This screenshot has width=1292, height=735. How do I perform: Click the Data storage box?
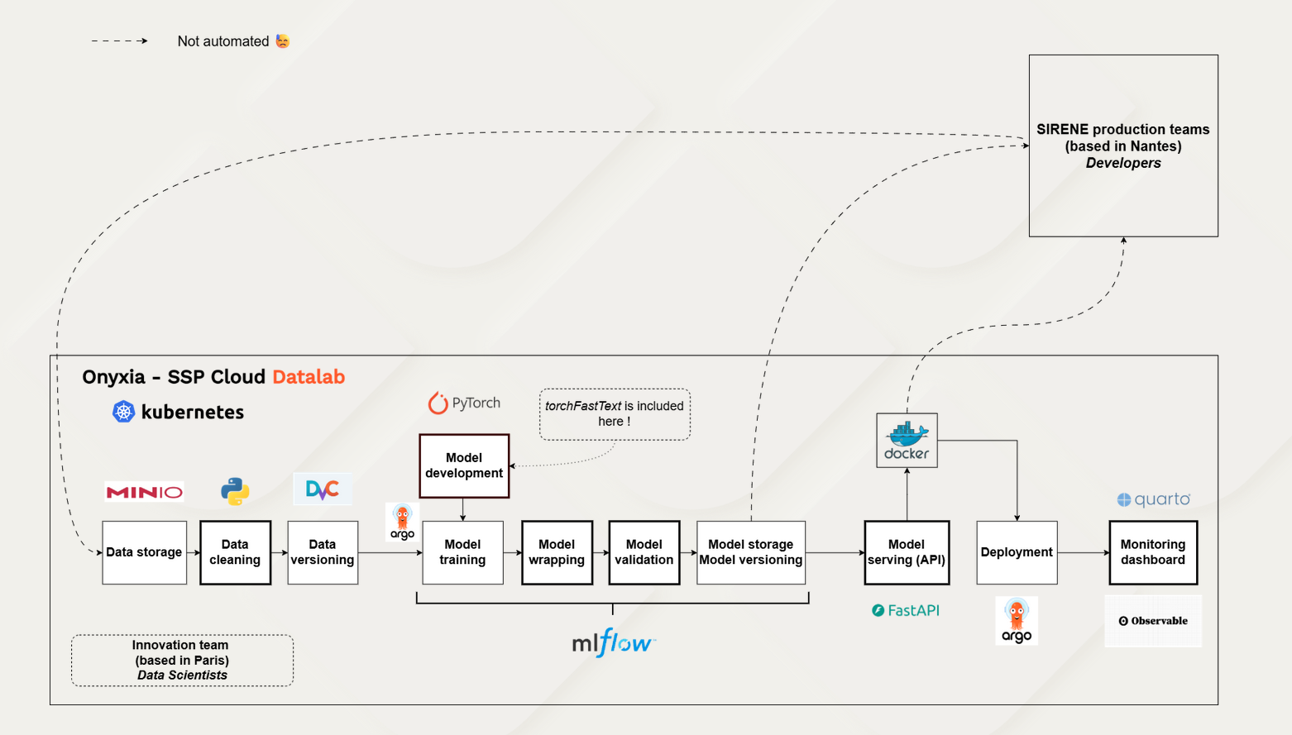click(x=144, y=552)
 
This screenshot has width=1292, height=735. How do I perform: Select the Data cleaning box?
click(x=235, y=552)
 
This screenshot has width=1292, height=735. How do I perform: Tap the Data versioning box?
click(x=323, y=552)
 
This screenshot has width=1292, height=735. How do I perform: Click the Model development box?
click(x=464, y=465)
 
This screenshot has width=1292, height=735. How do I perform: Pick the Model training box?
click(x=462, y=552)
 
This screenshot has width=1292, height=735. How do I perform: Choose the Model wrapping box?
click(x=557, y=552)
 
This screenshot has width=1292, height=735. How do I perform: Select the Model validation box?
click(x=644, y=552)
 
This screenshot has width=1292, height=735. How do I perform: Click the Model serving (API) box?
click(x=907, y=552)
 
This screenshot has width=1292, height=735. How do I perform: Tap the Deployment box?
click(x=1017, y=552)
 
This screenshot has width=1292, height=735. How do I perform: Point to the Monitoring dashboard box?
click(x=1153, y=552)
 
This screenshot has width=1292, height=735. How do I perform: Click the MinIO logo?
click(x=144, y=492)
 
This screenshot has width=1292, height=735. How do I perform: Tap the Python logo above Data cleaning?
click(x=235, y=491)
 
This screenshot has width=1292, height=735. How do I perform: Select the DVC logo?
click(x=323, y=489)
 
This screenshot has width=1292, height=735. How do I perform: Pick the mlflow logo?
click(x=613, y=642)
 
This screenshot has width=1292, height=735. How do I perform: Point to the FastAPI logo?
click(x=906, y=610)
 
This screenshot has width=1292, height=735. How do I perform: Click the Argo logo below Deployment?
click(x=1017, y=620)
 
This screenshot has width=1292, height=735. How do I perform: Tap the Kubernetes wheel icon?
click(x=123, y=412)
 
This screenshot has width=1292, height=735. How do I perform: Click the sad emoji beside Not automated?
click(x=283, y=41)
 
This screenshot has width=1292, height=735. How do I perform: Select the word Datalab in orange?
click(x=309, y=377)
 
